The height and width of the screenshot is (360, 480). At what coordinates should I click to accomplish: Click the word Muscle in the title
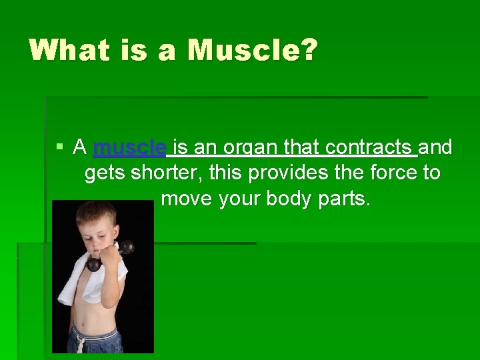pos(243,50)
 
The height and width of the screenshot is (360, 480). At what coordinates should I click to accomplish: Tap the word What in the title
pos(69,50)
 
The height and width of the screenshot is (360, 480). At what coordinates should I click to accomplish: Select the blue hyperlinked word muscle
pos(130,147)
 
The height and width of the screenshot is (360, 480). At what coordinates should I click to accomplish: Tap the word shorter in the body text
pos(166,173)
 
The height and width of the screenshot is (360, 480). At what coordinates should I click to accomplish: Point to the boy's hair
pos(96,214)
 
